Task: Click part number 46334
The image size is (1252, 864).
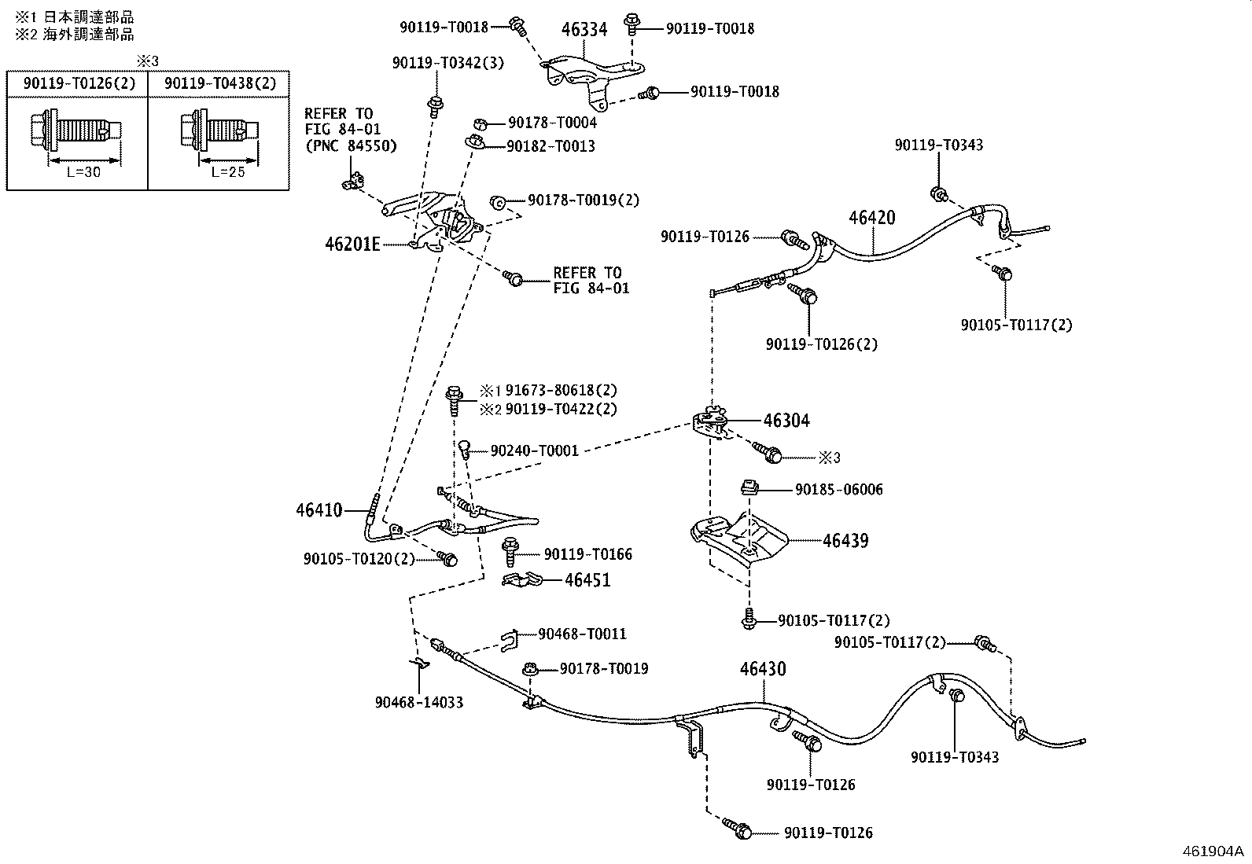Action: click(x=584, y=29)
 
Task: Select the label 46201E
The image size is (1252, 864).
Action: click(x=352, y=244)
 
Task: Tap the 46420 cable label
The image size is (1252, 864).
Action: click(x=872, y=218)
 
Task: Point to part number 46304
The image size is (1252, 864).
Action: click(x=786, y=421)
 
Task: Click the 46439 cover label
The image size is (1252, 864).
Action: click(x=845, y=540)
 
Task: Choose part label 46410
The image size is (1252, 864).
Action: click(x=319, y=509)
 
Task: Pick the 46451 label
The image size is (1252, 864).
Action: click(x=587, y=580)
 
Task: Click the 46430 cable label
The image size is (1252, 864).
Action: click(x=763, y=669)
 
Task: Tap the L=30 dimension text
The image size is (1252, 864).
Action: click(x=84, y=172)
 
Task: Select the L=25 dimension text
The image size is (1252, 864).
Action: click(x=228, y=172)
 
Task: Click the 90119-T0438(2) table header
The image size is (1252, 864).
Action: click(x=220, y=83)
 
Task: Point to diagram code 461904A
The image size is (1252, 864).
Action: click(x=1213, y=851)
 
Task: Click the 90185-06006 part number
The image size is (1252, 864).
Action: click(x=839, y=490)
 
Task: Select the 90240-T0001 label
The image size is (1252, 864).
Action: click(x=534, y=450)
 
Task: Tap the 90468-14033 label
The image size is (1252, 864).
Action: click(x=419, y=703)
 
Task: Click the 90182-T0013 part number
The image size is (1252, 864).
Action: click(x=551, y=146)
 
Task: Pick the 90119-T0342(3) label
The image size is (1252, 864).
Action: click(x=448, y=63)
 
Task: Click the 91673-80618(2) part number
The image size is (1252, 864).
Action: click(x=562, y=390)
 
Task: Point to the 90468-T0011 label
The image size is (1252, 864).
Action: click(x=583, y=634)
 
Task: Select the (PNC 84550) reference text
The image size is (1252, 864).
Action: click(x=351, y=146)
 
